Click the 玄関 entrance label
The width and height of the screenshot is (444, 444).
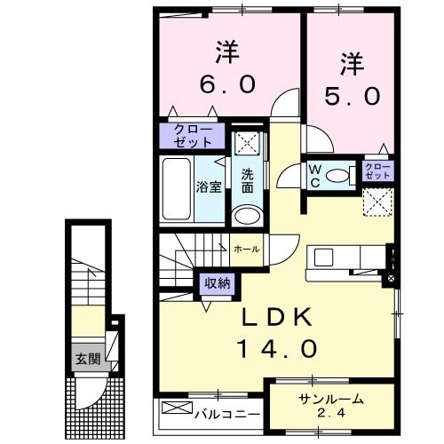(88, 359)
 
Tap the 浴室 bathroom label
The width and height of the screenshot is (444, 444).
(209, 186)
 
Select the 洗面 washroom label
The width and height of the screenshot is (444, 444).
(248, 181)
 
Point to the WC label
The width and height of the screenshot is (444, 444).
(315, 176)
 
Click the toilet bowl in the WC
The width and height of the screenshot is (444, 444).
(337, 176)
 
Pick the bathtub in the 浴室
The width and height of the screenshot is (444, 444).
(177, 189)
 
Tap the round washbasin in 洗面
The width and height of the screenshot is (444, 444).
(247, 216)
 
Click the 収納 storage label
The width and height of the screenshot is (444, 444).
(218, 284)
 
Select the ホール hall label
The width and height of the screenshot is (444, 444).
(247, 250)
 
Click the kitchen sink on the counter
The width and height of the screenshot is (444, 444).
(324, 258)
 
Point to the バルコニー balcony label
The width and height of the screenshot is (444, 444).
(227, 414)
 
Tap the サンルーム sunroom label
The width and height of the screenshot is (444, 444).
(331, 400)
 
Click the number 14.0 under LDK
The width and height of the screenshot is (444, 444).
(277, 348)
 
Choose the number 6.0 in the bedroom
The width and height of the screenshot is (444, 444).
(227, 83)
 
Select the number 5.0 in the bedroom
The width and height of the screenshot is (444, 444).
(352, 96)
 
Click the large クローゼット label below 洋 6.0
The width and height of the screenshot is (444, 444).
(193, 136)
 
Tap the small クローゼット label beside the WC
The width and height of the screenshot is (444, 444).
(377, 170)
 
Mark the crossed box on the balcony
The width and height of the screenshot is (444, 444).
(178, 408)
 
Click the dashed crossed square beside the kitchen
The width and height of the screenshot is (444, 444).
(378, 202)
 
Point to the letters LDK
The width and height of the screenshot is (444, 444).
(277, 317)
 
